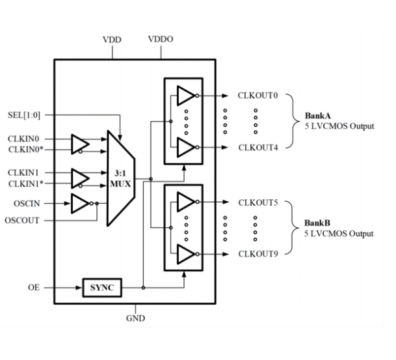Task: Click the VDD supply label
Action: [x=112, y=40]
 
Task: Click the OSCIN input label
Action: [x=27, y=203]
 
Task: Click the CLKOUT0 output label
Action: [x=258, y=96]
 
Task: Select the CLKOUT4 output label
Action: [x=258, y=146]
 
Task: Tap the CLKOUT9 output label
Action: [x=258, y=253]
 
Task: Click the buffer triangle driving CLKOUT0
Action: [x=185, y=96]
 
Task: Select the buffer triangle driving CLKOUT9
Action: [x=185, y=253]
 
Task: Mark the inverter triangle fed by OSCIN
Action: [x=81, y=203]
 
